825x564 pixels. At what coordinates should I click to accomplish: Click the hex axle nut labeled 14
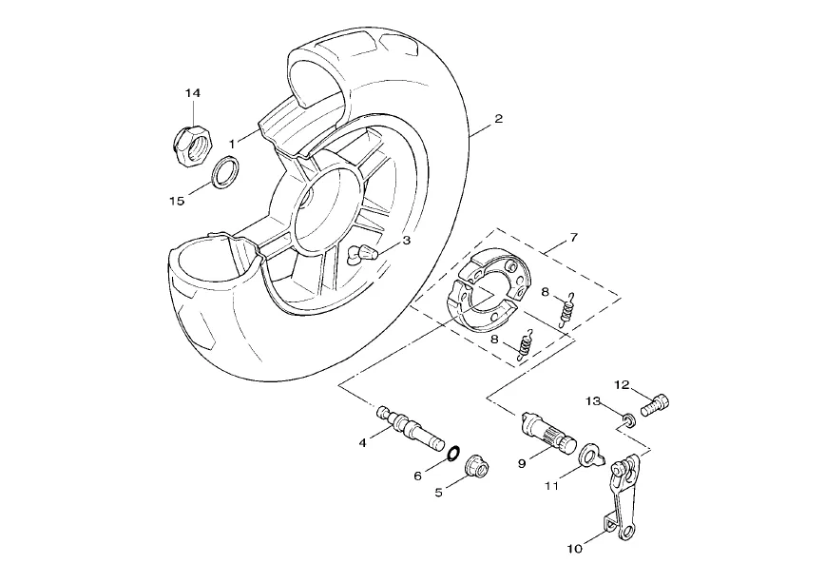[193, 146]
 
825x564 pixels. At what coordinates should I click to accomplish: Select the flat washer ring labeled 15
[224, 172]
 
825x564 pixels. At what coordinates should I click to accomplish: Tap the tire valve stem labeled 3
[361, 253]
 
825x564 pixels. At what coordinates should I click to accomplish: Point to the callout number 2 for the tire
[498, 119]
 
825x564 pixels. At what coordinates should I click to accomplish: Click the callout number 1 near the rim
[232, 144]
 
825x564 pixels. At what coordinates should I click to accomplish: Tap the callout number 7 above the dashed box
[573, 238]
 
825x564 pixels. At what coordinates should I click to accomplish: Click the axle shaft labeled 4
[410, 428]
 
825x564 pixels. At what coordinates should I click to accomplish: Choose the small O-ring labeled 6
[453, 453]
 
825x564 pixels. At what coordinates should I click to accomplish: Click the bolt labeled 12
[655, 405]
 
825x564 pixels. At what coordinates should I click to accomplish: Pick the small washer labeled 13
[628, 420]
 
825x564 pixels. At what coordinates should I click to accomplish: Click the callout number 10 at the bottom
[574, 549]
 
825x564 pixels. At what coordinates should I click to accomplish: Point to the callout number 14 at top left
[193, 93]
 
